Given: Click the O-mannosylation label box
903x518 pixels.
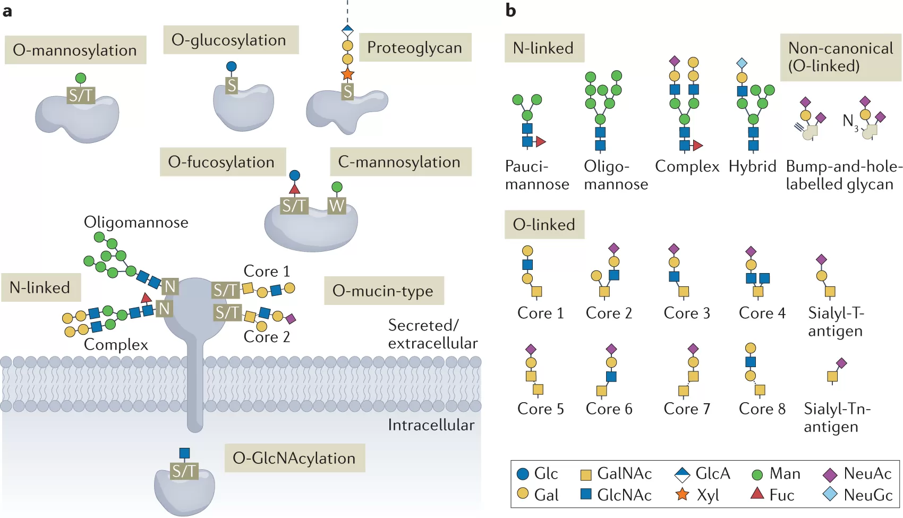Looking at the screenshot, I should coord(75,50).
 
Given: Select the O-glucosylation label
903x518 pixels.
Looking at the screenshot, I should coord(229,40).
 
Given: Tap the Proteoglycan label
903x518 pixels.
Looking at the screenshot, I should coord(414,47).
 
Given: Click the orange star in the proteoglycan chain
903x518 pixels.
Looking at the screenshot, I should coord(348,73).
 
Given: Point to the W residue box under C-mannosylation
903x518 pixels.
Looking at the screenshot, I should coord(337,205).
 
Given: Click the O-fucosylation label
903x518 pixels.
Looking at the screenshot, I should coord(222,162).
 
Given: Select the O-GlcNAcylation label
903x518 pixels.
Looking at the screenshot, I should coord(294,458).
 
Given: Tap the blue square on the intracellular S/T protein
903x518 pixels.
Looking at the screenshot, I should coord(184,453).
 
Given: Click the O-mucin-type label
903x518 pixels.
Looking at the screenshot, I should coord(383,291).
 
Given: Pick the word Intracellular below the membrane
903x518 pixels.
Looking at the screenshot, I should coord(431,425).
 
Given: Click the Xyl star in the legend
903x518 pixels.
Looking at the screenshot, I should coord(682,495).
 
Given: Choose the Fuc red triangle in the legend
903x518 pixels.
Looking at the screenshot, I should coord(757,494).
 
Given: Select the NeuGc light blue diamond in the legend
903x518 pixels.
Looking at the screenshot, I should coord(830,495).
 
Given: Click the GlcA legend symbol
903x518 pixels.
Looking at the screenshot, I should coord(682,473).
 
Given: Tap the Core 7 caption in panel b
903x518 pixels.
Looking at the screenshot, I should coord(687,409).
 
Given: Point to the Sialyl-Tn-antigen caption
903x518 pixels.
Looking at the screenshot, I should coord(837,418).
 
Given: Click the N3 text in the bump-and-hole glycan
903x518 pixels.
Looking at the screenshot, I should coord(849,122).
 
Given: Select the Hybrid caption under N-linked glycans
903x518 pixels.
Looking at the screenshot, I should coord(752,166).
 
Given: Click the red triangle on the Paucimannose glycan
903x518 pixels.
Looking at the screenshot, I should coord(541,142).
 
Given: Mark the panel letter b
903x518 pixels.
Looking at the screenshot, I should coord(510,10).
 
